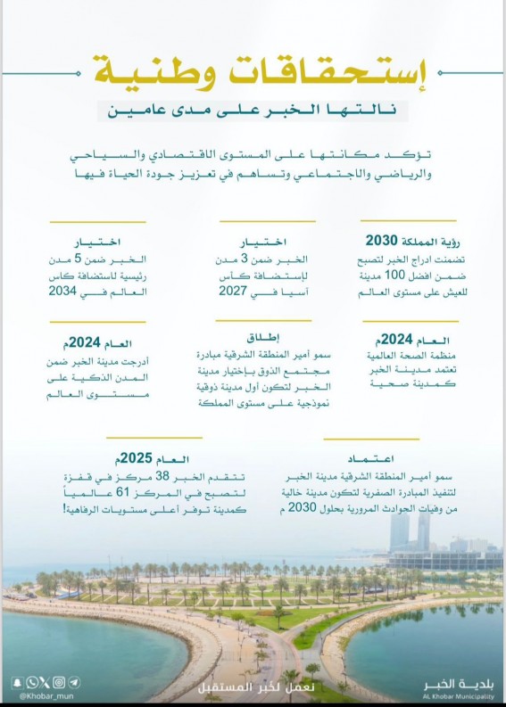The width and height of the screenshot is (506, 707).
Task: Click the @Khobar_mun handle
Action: [35, 695]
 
